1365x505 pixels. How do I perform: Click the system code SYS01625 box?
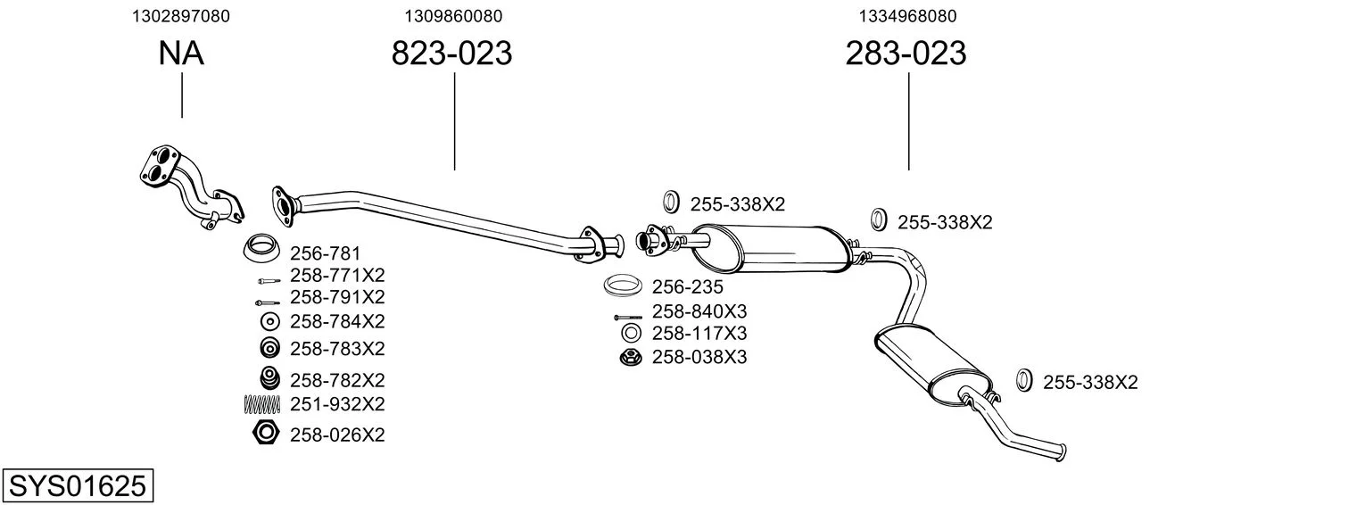point(78,485)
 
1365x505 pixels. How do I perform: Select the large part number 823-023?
point(451,53)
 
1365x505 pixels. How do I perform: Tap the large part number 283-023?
point(906,53)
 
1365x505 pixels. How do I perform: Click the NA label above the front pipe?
point(181,53)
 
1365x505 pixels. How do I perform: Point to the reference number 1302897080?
point(181,16)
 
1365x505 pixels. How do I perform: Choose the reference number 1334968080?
point(907,16)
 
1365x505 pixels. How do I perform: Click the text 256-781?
point(325,252)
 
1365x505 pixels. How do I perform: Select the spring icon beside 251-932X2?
point(262,404)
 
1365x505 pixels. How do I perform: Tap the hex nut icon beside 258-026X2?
point(266,433)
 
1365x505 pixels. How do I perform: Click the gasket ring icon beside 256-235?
point(622,286)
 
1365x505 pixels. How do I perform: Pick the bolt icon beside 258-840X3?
point(628,318)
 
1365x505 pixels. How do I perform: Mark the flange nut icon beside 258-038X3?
point(631,358)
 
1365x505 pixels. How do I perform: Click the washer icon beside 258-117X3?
point(632,333)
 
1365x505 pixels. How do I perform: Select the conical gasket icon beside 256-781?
point(262,248)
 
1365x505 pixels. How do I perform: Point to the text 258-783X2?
point(337,349)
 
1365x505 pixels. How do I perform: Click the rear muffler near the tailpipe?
point(932,366)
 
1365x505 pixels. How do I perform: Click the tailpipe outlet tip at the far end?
point(1063,452)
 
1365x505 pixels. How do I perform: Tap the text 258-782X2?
point(337,380)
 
